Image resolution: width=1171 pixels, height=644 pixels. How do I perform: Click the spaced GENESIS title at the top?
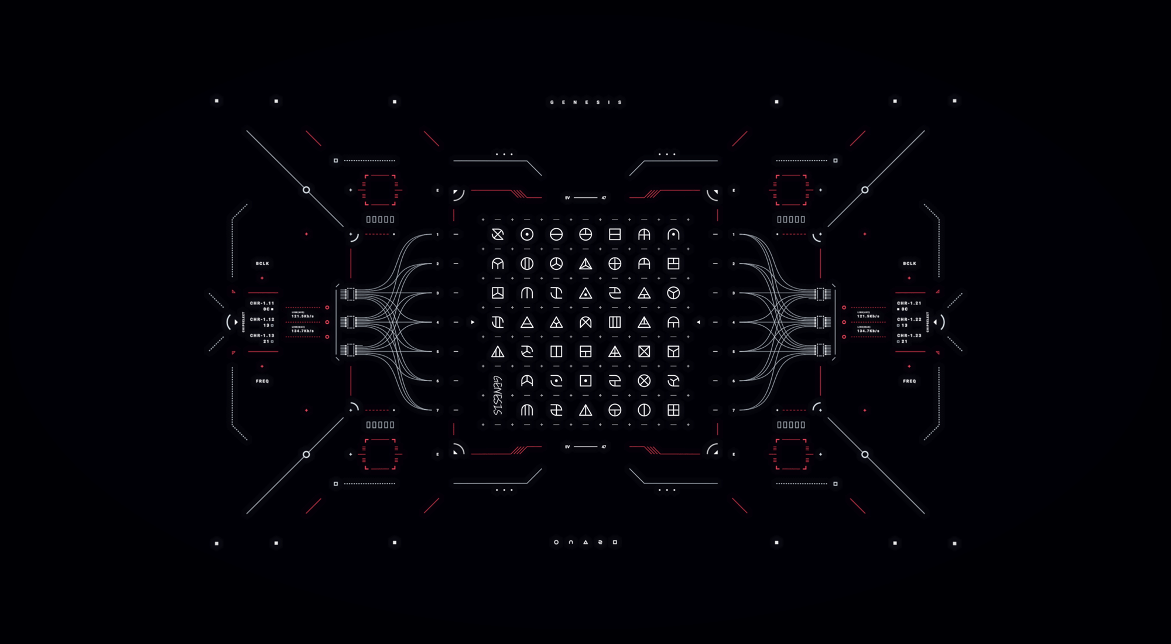click(585, 102)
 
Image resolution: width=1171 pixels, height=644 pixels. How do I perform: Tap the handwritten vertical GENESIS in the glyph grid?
click(498, 395)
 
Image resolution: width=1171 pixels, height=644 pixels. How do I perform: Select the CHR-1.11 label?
click(262, 303)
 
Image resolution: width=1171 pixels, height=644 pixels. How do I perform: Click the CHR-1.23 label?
click(909, 335)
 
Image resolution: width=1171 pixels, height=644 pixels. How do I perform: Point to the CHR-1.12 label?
click(262, 319)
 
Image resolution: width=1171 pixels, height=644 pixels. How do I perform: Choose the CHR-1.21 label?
click(909, 303)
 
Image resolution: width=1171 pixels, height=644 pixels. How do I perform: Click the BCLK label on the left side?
click(262, 263)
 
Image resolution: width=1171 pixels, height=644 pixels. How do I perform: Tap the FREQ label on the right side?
click(909, 381)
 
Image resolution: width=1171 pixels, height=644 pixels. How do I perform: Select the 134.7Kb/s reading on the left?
click(303, 331)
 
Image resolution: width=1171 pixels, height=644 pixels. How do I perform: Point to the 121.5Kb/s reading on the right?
click(868, 316)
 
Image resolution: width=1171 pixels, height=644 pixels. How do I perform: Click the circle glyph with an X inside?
click(644, 381)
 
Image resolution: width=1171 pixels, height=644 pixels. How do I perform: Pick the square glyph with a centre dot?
click(585, 381)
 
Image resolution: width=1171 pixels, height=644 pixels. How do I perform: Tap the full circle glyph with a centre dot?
click(527, 235)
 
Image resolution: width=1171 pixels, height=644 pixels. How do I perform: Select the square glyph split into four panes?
click(673, 410)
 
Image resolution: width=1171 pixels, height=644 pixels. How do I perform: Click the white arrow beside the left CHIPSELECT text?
click(236, 322)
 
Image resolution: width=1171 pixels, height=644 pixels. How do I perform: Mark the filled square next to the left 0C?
click(272, 309)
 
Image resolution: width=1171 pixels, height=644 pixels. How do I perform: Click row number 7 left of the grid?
click(437, 410)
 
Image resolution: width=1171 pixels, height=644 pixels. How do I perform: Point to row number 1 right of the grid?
click(734, 235)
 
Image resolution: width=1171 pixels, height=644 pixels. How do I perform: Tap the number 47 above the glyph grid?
click(604, 198)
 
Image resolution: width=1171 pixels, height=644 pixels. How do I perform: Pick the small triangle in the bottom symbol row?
click(585, 542)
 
